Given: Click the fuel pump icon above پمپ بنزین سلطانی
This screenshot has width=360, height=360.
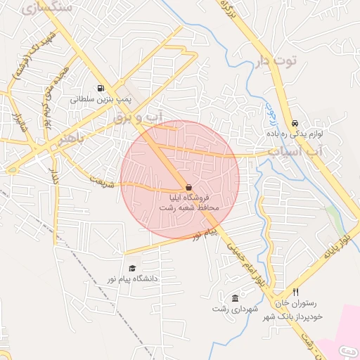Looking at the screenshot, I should pos(101,89).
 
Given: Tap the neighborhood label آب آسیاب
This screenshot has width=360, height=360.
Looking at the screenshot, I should pos(295,151).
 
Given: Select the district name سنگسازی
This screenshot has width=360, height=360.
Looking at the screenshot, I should pos(47,8).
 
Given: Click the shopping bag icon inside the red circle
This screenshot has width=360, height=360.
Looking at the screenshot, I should pos(188,187).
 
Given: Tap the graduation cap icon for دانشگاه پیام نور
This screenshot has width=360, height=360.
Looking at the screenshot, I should pos(132,268).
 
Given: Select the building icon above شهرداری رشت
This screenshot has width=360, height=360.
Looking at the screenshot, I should pos(235,298).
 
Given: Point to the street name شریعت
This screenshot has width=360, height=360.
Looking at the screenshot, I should pos(101,180).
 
